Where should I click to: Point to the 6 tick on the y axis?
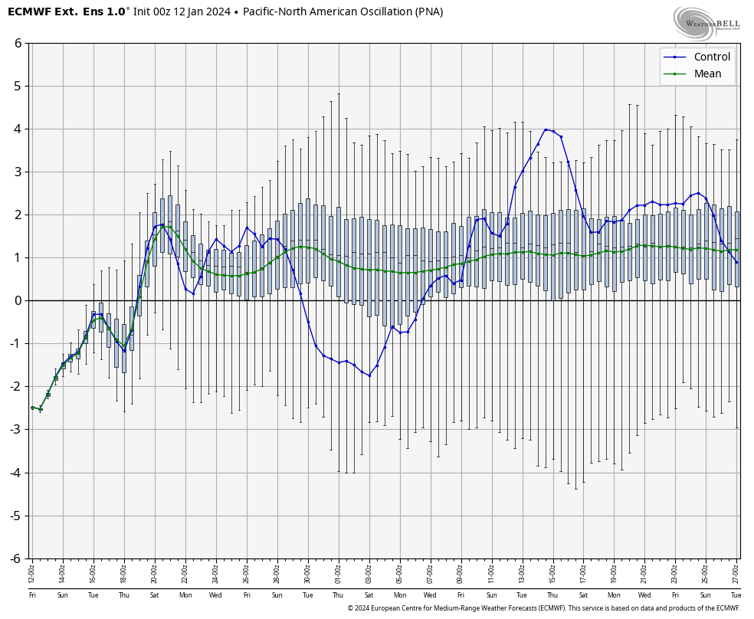pyautogui.click(x=18, y=43)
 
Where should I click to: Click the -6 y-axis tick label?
pyautogui.click(x=15, y=558)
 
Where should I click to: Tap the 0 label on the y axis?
pyautogui.click(x=18, y=300)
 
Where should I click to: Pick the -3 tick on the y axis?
pyautogui.click(x=15, y=430)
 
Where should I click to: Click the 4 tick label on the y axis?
pyautogui.click(x=18, y=129)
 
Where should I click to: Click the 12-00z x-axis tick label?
pyautogui.click(x=32, y=574)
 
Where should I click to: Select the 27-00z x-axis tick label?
pyautogui.click(x=736, y=574)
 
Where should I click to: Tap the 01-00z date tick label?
pyautogui.click(x=338, y=574)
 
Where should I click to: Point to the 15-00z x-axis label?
pyautogui.click(x=552, y=574)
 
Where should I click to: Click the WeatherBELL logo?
pyautogui.click(x=707, y=22)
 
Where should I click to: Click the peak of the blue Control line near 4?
pyautogui.click(x=546, y=129)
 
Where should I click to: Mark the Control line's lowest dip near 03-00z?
pyautogui.click(x=369, y=375)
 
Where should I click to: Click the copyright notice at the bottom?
pyautogui.click(x=543, y=608)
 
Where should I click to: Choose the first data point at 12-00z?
pyautogui.click(x=32, y=408)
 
